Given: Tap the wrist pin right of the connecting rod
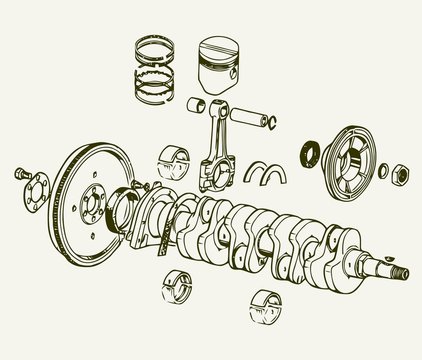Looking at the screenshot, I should (x=259, y=123).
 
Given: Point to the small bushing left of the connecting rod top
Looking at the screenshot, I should (x=196, y=103).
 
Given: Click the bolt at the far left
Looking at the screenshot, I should (x=21, y=175).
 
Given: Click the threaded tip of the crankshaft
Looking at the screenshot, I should (x=401, y=271).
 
